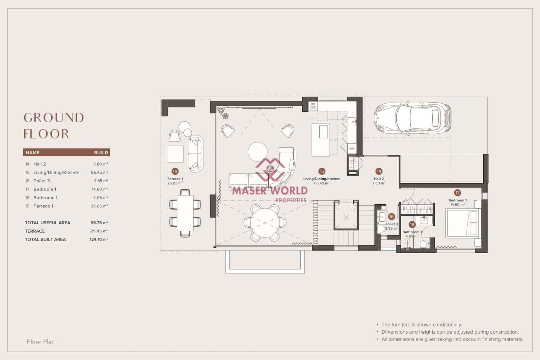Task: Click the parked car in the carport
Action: [x=412, y=118]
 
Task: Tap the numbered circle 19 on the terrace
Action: [x=175, y=171]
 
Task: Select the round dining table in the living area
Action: [x=265, y=223]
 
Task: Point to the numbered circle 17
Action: [x=457, y=193]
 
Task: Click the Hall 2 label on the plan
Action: [x=379, y=179]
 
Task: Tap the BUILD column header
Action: [x=101, y=153]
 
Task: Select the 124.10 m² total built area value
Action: [x=99, y=239]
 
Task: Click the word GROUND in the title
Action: [x=54, y=118]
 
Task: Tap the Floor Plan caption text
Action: [x=40, y=342]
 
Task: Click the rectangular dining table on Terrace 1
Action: [x=185, y=213]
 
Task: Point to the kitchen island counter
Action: [x=320, y=140]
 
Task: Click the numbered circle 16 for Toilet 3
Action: [x=391, y=217]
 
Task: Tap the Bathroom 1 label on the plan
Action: [x=412, y=232]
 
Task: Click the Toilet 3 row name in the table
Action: [x=42, y=181]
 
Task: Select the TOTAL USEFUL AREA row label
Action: [x=48, y=223]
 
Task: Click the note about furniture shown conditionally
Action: [x=422, y=325]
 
